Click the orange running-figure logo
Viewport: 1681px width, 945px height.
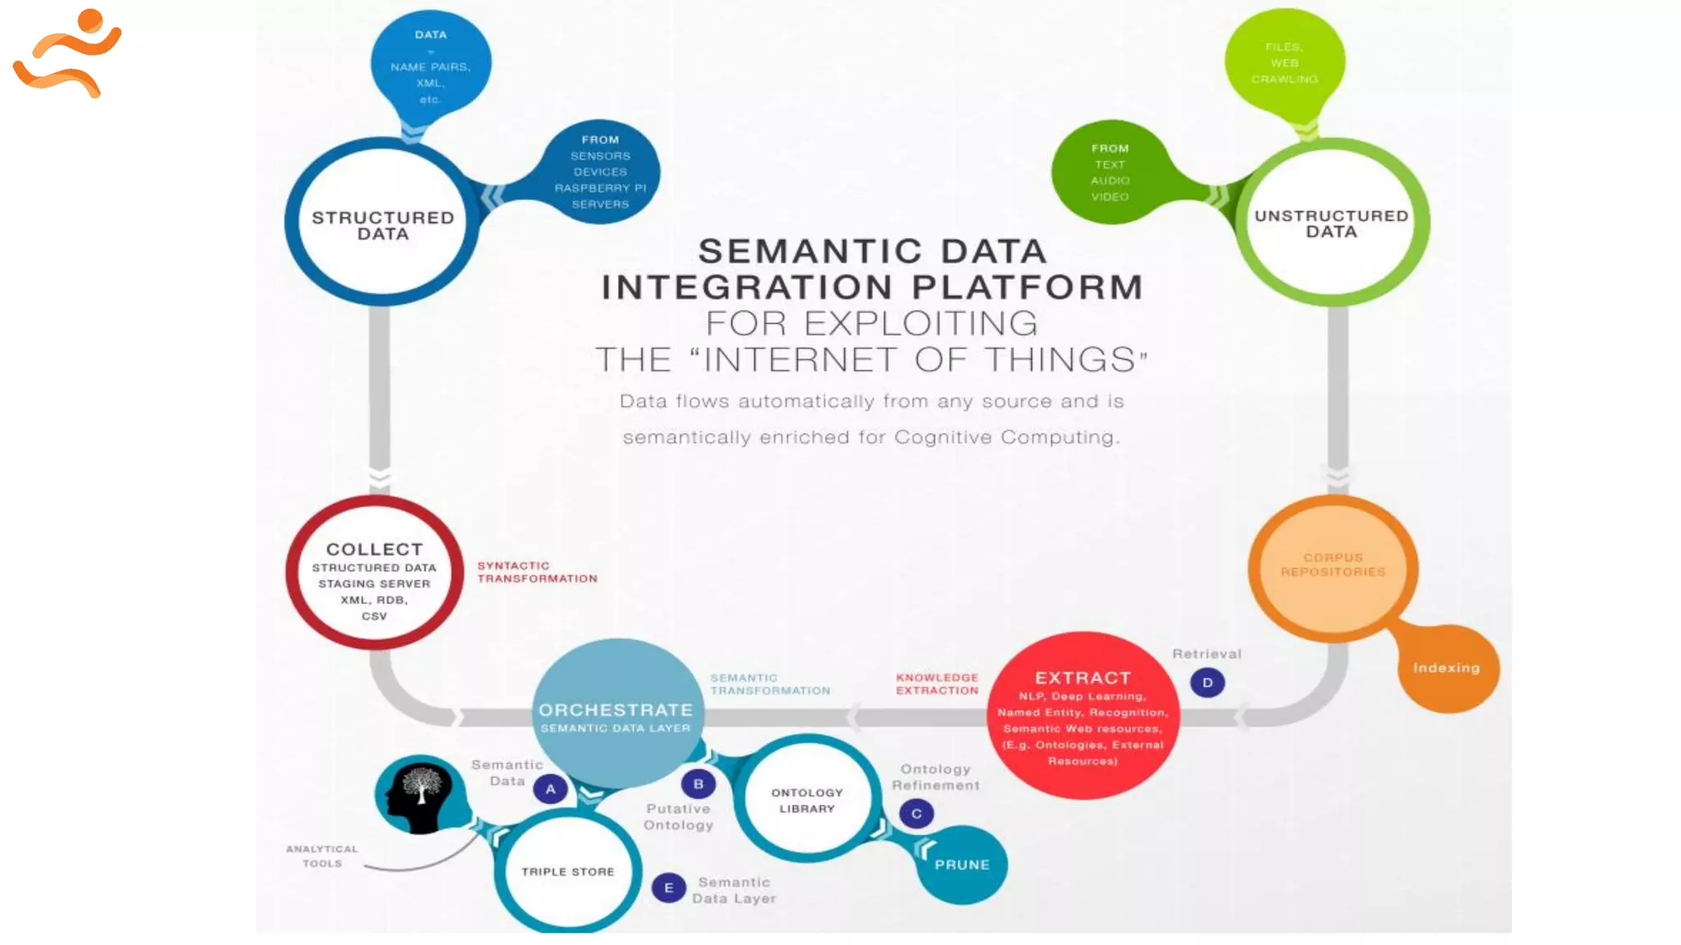[x=67, y=53]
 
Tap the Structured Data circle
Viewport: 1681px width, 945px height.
[x=382, y=223]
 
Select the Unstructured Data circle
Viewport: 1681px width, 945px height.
[x=1331, y=222]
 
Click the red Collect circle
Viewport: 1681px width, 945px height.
[x=375, y=573]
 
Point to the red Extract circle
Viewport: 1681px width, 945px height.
[x=1083, y=716]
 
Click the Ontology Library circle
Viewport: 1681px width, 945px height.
[x=807, y=800]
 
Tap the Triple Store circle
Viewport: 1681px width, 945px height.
[x=568, y=871]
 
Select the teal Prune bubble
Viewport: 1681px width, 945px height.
[x=962, y=865]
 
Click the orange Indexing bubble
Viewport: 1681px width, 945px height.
[x=1447, y=668]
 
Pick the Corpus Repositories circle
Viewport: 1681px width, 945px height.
[x=1333, y=566]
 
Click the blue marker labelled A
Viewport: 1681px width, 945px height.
[x=551, y=789]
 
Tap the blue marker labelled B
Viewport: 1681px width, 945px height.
[x=699, y=784]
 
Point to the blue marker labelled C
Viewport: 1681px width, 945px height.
[x=917, y=814]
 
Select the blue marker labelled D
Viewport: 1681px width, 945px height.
[x=1207, y=682]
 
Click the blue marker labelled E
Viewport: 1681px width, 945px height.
[x=669, y=888]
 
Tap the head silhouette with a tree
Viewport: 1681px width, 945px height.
[x=420, y=792]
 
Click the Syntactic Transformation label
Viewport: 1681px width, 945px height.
[x=537, y=572]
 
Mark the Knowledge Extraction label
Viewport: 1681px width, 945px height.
[x=937, y=684]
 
